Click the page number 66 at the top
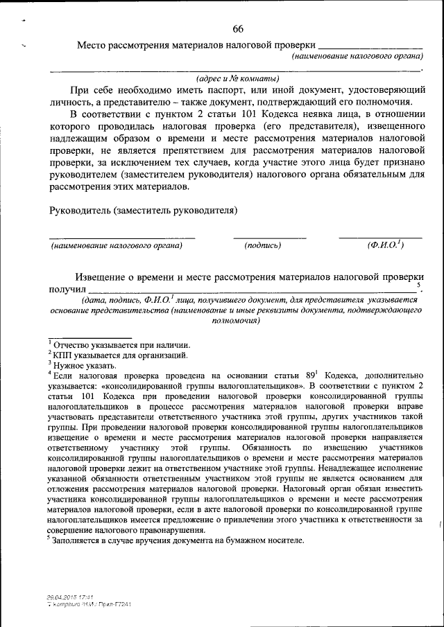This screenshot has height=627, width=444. [x=237, y=28]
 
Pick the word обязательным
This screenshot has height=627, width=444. [x=361, y=175]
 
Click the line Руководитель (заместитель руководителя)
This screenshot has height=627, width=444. [x=144, y=209]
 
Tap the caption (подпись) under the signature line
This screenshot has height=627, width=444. [x=263, y=245]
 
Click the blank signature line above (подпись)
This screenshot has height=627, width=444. [x=269, y=238]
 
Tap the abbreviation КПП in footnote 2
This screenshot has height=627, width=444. [x=64, y=355]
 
